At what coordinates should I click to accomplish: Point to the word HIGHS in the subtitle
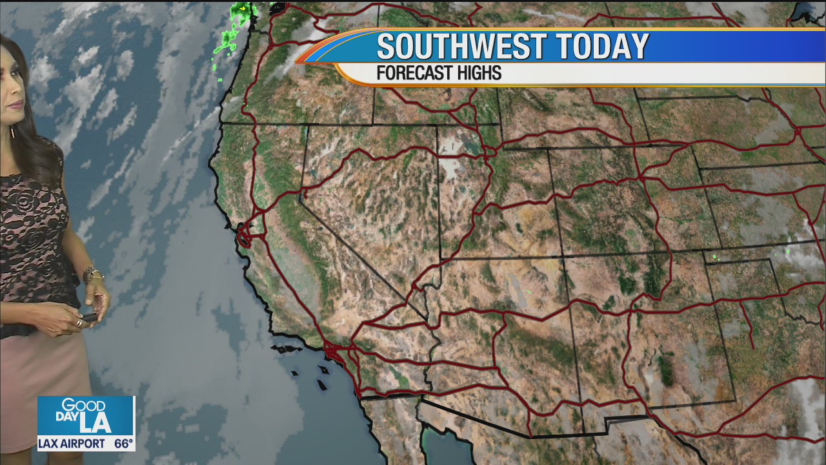(478, 73)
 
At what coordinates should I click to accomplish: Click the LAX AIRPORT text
(71, 444)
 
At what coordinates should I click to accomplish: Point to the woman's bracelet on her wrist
(92, 274)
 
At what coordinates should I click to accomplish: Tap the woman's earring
(11, 131)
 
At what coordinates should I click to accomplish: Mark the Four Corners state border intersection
(564, 257)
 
